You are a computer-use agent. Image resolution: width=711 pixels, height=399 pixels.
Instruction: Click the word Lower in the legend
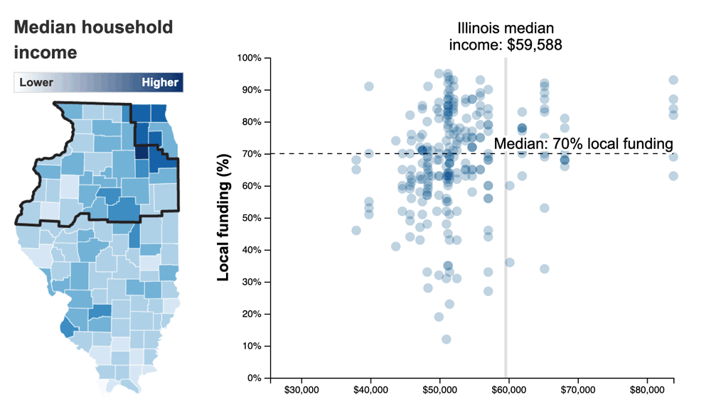pos(36,82)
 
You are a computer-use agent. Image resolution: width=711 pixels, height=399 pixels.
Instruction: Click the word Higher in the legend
pos(160,82)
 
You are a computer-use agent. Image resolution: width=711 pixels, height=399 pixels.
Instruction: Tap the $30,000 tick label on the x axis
pos(304,390)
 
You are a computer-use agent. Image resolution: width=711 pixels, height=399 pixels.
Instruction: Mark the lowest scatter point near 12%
pos(447,339)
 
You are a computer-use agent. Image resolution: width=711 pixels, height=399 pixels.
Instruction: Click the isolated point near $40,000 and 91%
pos(369,86)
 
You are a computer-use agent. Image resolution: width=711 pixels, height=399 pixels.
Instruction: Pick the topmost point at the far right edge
pos(673,80)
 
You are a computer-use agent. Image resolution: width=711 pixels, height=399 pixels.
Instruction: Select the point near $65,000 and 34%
pos(545,269)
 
